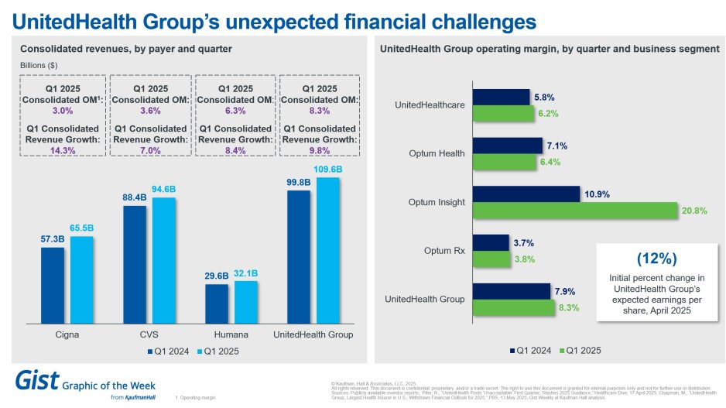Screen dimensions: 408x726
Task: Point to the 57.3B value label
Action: coord(53,239)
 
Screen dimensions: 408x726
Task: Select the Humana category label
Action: coord(230,334)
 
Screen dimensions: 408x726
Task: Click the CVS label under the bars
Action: coord(149,334)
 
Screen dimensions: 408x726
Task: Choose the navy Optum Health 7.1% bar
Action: coord(508,145)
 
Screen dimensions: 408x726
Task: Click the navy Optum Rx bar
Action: coord(491,242)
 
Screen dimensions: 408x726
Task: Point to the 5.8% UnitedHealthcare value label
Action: coord(545,97)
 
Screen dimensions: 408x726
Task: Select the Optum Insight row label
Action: coord(437,203)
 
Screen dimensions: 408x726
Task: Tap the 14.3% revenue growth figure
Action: coord(61,150)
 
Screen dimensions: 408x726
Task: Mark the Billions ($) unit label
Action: coord(39,65)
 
